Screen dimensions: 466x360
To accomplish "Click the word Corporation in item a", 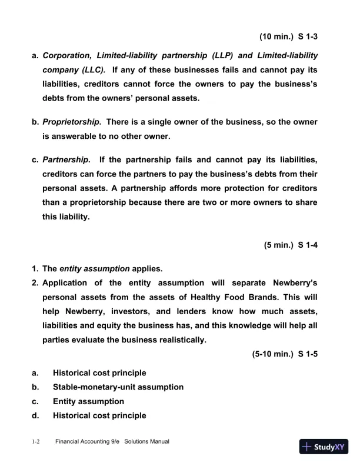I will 70,56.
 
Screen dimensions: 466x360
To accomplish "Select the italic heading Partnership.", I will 66,160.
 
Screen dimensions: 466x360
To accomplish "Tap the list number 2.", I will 35,283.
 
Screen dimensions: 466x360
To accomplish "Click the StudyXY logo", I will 324,447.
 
